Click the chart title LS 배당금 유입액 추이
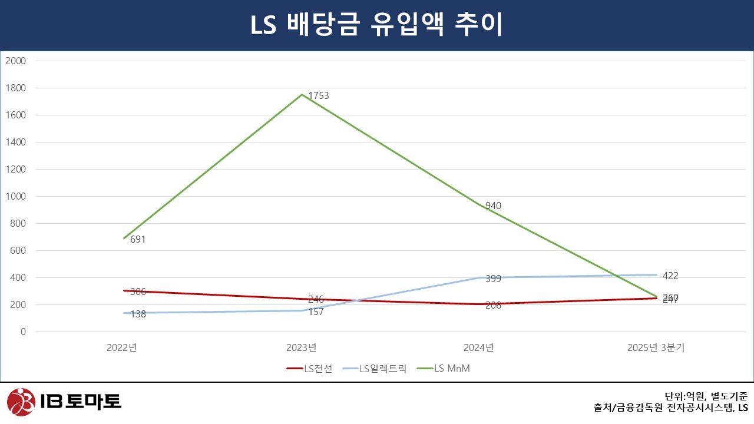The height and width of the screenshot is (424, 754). pos(377,25)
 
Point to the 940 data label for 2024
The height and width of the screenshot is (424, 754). pos(493,206)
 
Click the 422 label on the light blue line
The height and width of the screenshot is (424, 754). pos(670,276)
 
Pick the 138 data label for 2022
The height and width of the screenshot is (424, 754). pos(138,315)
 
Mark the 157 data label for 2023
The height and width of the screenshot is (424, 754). pos(316,312)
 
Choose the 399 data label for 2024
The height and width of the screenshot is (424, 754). pos(493,279)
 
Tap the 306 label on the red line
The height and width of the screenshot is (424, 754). pos(138,291)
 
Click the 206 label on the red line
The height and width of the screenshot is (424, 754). pos(493,305)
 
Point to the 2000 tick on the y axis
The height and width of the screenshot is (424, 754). pos(16,61)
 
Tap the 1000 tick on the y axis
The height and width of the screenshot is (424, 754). pos(16,196)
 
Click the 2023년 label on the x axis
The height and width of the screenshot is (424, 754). pos(302,347)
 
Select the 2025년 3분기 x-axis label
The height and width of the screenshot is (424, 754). pos(656,347)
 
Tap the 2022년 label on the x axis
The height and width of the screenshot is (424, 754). pos(122,347)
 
